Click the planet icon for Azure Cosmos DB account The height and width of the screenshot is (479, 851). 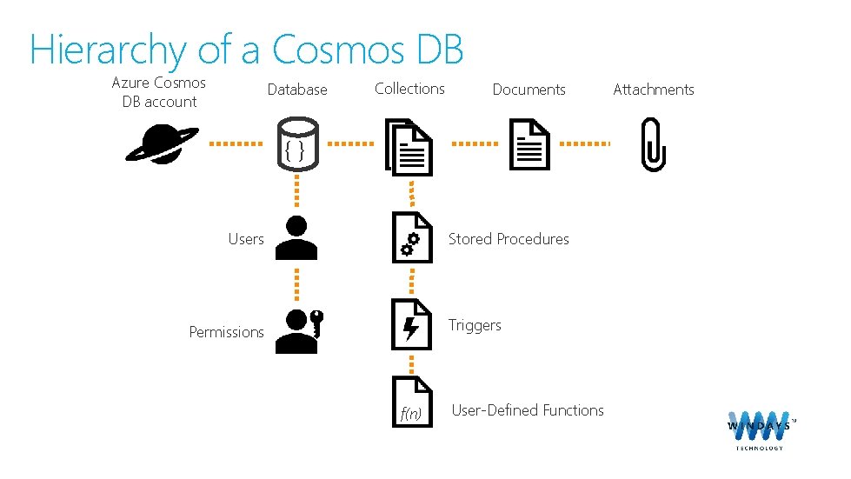[x=162, y=143]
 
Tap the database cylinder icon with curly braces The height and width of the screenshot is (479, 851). [x=296, y=144]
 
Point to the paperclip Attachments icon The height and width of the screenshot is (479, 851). [x=651, y=145]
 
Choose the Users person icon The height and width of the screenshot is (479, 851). [x=296, y=238]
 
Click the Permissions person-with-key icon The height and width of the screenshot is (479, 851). [x=297, y=330]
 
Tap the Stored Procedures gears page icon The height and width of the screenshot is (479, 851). [x=411, y=237]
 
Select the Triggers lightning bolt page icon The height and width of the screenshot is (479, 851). [x=411, y=323]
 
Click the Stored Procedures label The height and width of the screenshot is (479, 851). [x=509, y=239]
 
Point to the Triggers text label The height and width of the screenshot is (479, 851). [x=475, y=325]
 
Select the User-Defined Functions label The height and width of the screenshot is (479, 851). [x=528, y=410]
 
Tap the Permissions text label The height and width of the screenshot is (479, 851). [x=226, y=332]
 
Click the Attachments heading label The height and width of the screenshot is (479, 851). [x=654, y=90]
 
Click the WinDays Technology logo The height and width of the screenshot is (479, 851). [x=760, y=429]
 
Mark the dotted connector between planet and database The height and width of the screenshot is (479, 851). [x=236, y=143]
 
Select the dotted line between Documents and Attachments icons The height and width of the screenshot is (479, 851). [x=583, y=143]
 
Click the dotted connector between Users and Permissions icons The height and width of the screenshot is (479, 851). [x=296, y=283]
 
